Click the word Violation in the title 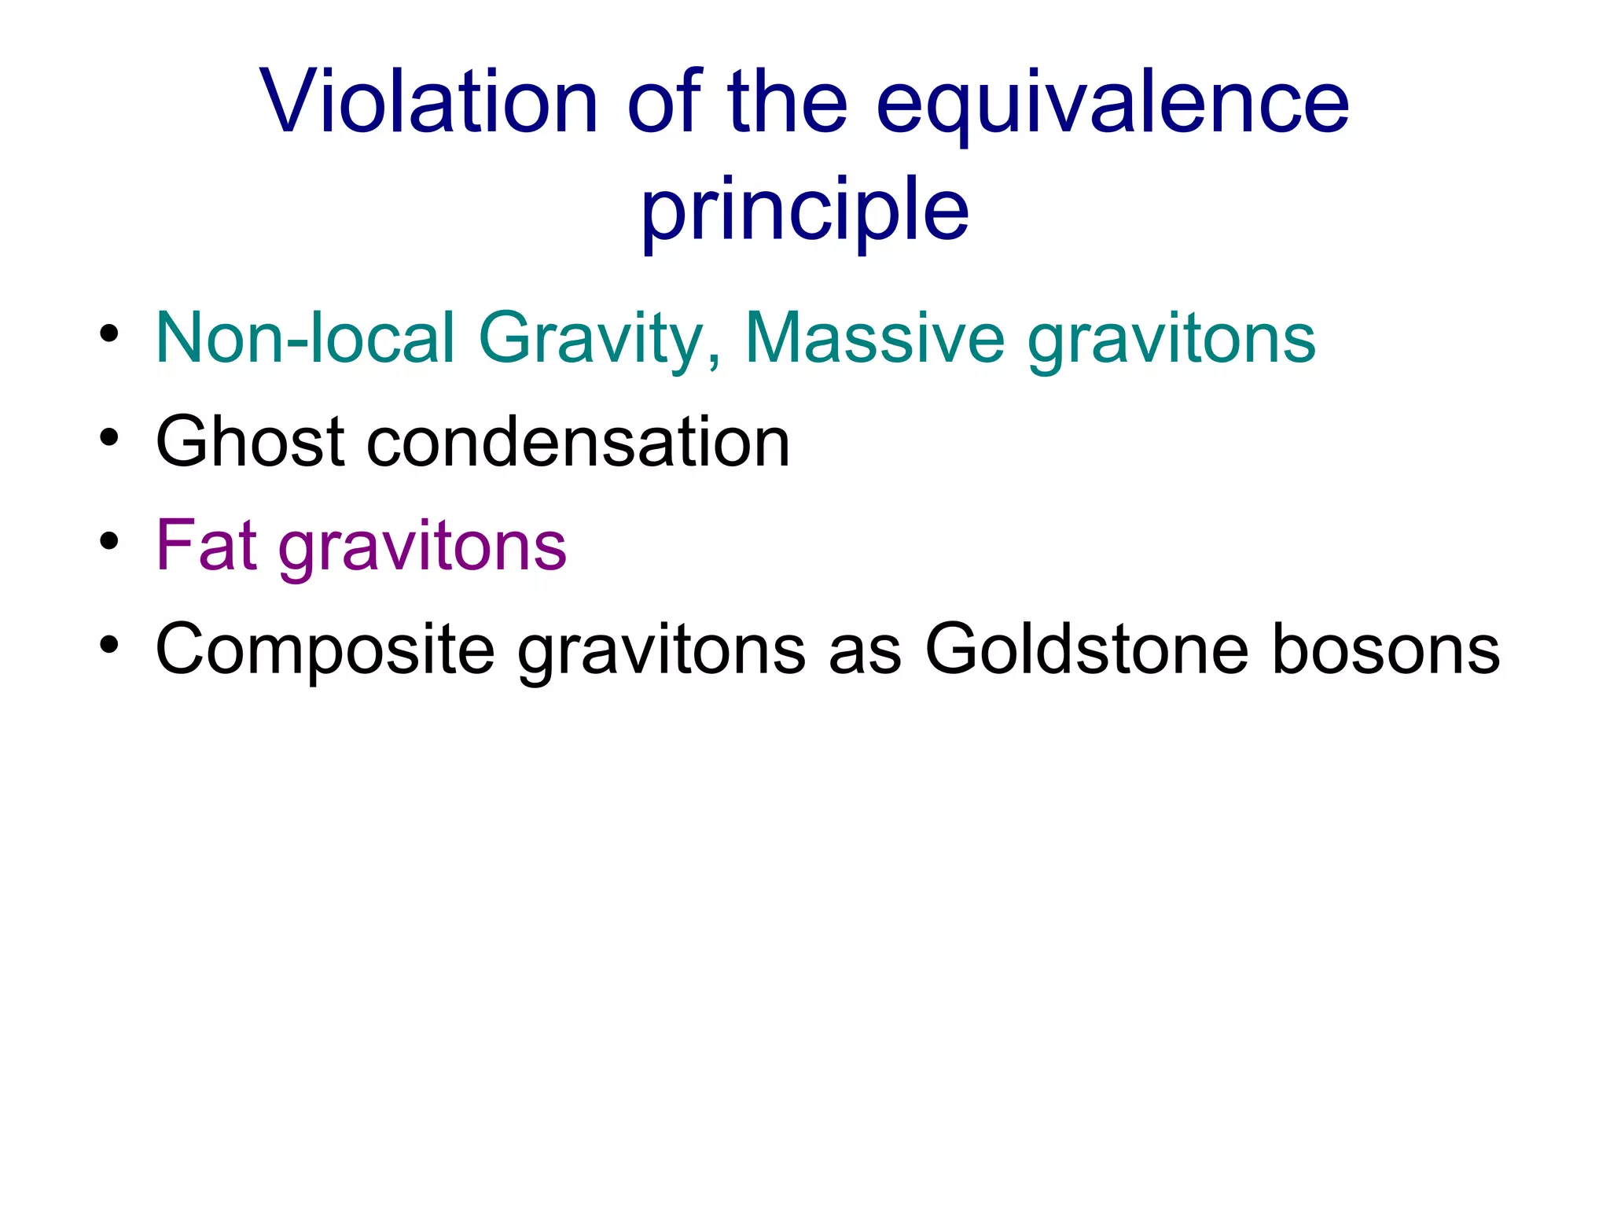(429, 102)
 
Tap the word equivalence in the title (1112, 106)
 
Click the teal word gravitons (1171, 342)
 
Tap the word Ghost (250, 442)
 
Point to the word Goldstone (1086, 650)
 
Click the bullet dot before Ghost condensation (109, 437)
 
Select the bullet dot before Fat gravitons (109, 541)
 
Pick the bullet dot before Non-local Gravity (109, 334)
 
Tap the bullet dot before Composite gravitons (109, 645)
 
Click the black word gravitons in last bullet (661, 654)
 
